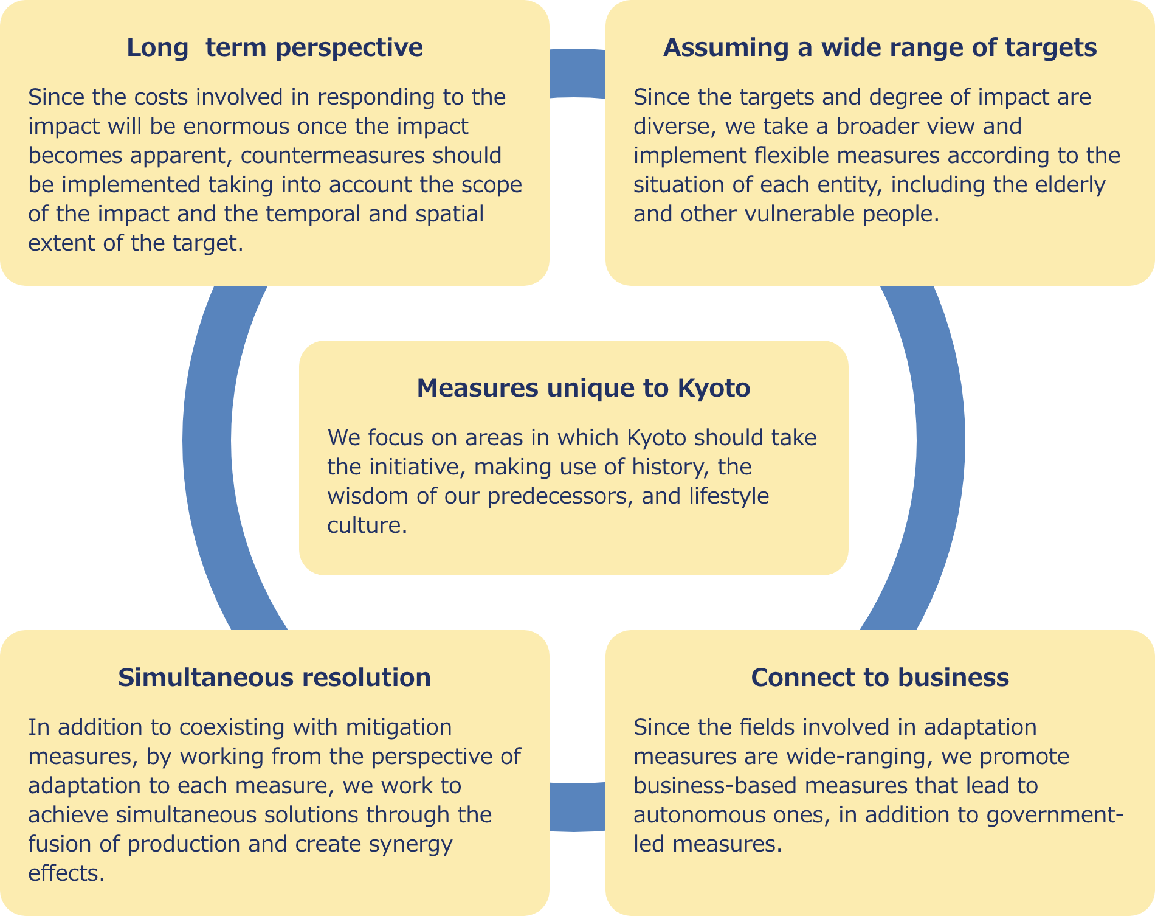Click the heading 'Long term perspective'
pyautogui.click(x=274, y=47)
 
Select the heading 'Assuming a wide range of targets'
pyautogui.click(x=880, y=47)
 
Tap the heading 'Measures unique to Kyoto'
pyautogui.click(x=583, y=388)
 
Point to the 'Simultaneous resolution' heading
pyautogui.click(x=274, y=678)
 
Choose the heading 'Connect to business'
pyautogui.click(x=880, y=678)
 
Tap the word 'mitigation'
pyautogui.click(x=399, y=727)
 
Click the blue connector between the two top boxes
pyautogui.click(x=577, y=74)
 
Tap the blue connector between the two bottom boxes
pyautogui.click(x=577, y=807)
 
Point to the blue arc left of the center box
pyautogui.click(x=207, y=444)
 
